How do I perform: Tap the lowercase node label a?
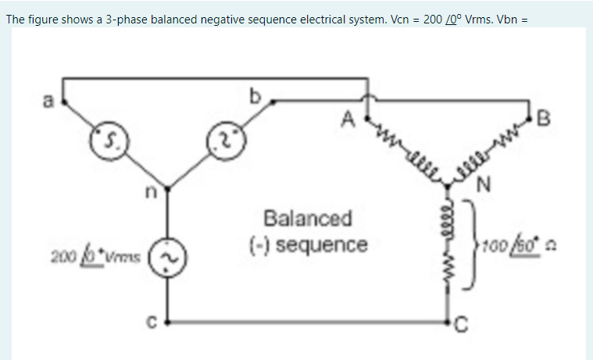[48, 100]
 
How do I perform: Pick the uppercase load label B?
[545, 119]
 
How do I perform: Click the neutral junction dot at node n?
[166, 187]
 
